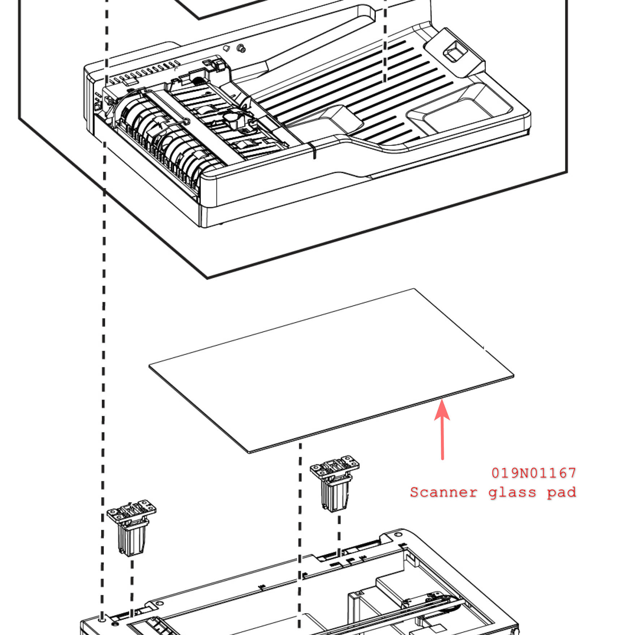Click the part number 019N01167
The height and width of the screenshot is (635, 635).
[x=533, y=473]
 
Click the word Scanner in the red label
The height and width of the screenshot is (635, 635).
[x=443, y=493]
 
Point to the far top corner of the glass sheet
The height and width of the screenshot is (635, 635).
[x=414, y=289]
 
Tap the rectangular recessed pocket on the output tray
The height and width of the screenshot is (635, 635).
[x=459, y=112]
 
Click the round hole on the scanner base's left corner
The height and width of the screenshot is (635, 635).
[x=102, y=619]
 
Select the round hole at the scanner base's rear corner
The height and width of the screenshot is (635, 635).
[x=398, y=534]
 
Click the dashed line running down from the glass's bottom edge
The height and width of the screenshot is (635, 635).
[x=300, y=524]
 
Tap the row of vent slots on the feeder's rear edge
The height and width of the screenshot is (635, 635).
[x=145, y=72]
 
